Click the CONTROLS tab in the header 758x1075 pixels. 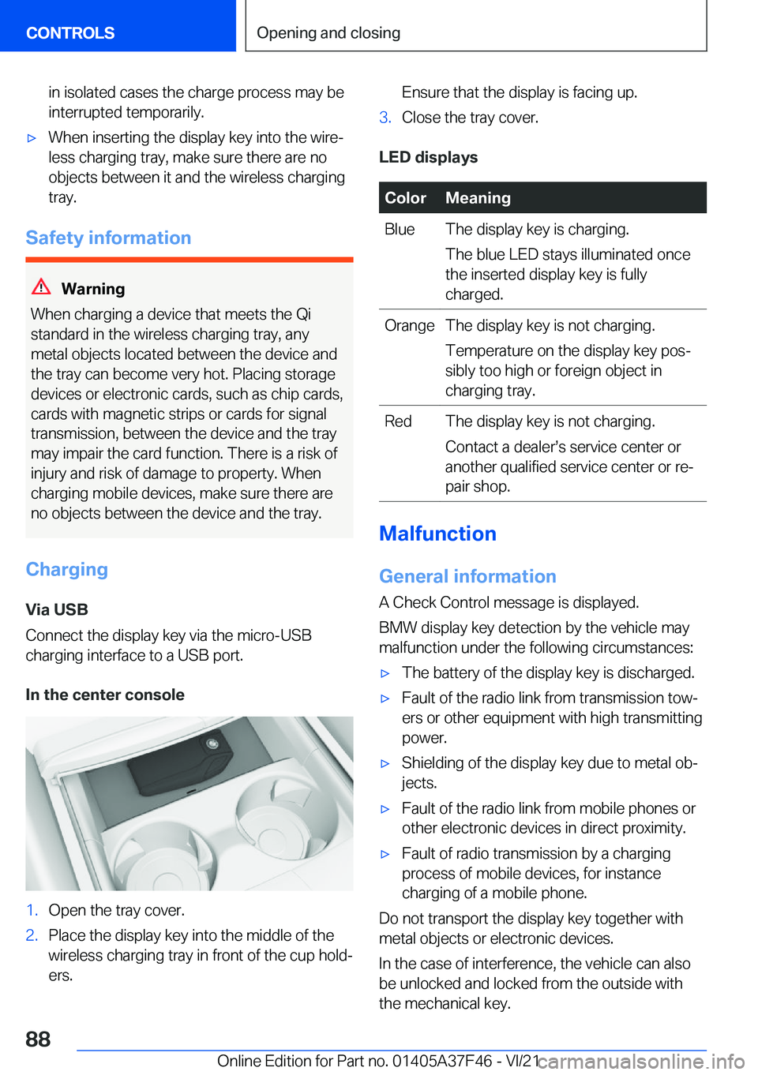[x=70, y=33]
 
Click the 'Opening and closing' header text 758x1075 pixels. [x=328, y=33]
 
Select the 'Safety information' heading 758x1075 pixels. [x=108, y=238]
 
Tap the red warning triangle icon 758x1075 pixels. [x=41, y=287]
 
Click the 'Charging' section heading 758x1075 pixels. [x=67, y=569]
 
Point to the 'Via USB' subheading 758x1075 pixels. [x=57, y=609]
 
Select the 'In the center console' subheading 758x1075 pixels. [x=105, y=695]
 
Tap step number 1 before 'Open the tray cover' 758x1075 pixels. [x=32, y=910]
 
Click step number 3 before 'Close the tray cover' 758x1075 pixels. [x=385, y=118]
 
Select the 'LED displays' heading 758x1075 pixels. [x=428, y=157]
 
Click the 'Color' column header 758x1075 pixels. [x=405, y=198]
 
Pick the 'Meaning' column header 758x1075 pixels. [x=478, y=198]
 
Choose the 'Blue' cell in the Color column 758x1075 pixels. [x=400, y=230]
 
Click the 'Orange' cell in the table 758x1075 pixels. [x=409, y=326]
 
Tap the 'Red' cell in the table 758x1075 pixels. [x=398, y=421]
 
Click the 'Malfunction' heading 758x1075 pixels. [x=437, y=534]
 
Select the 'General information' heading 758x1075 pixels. [x=467, y=576]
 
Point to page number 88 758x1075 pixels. [x=38, y=1039]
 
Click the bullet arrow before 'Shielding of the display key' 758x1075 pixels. [x=385, y=764]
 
